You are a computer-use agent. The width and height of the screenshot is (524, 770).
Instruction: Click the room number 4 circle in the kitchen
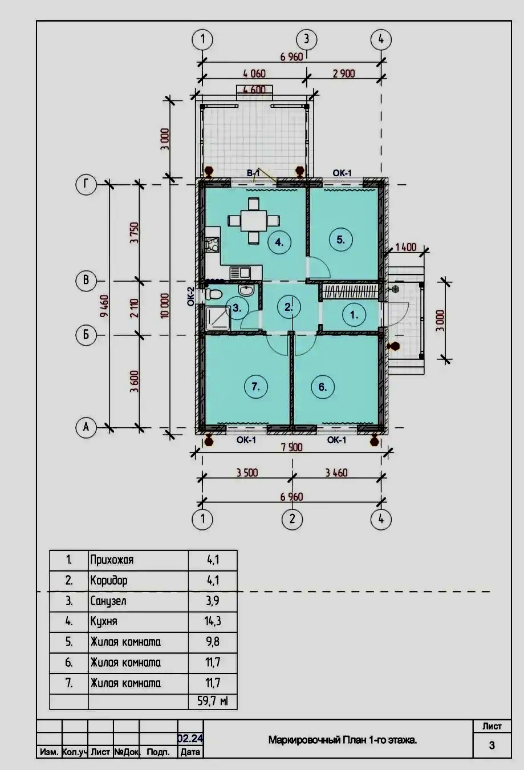click(x=279, y=242)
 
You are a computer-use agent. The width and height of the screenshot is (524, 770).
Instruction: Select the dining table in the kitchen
click(x=254, y=221)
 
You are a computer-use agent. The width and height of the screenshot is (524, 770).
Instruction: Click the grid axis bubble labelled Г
click(x=86, y=185)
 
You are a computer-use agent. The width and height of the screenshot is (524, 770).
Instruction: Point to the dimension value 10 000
click(x=165, y=305)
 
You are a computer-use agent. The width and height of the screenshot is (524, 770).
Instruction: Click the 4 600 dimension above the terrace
click(x=254, y=90)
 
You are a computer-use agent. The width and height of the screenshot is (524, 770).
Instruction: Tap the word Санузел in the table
click(x=108, y=601)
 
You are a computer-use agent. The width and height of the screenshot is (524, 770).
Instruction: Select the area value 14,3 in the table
click(x=213, y=621)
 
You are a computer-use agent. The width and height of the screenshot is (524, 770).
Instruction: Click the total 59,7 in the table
click(x=212, y=700)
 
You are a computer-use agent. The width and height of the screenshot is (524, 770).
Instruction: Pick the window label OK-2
click(x=190, y=297)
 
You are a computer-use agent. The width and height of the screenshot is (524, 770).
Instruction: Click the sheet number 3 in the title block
click(x=492, y=745)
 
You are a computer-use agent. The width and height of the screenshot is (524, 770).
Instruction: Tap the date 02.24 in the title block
click(x=190, y=738)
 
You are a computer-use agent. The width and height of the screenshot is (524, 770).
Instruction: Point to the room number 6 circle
click(x=322, y=387)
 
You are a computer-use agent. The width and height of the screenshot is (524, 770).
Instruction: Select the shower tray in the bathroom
click(x=218, y=319)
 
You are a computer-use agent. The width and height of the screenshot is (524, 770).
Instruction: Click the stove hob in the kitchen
click(x=212, y=245)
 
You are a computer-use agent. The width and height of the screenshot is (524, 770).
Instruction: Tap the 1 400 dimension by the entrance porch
click(x=405, y=247)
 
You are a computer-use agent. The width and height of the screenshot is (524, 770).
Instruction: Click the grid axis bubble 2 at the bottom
click(x=292, y=519)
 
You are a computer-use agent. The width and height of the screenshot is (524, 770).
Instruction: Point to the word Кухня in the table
click(x=104, y=622)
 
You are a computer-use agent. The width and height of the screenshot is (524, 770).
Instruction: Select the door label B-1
click(x=253, y=173)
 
